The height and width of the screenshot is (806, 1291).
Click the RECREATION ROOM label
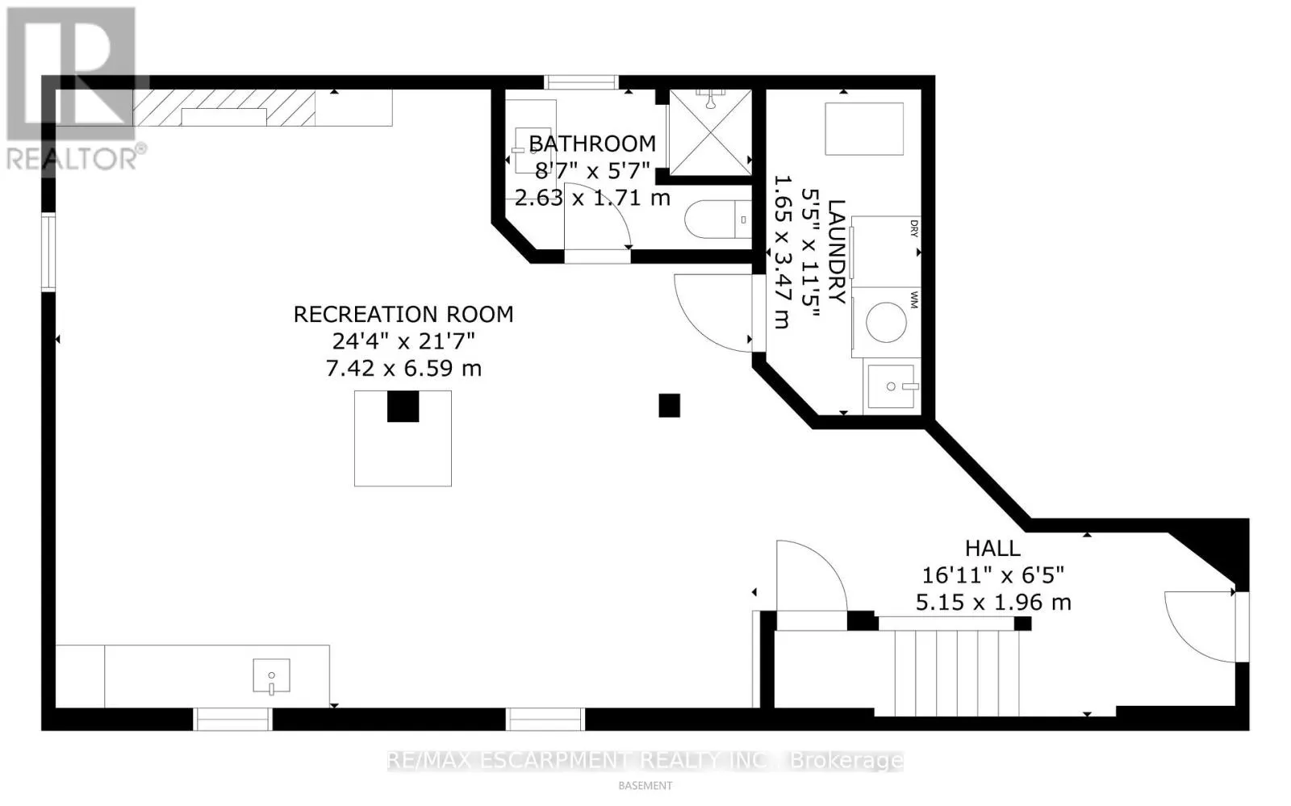pyautogui.click(x=403, y=314)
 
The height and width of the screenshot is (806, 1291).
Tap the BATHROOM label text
pyautogui.click(x=591, y=144)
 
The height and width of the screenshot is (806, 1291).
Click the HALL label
pyautogui.click(x=992, y=548)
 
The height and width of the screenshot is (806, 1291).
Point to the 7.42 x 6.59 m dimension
pyautogui.click(x=403, y=369)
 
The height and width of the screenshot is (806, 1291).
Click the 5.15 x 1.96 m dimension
pyautogui.click(x=992, y=603)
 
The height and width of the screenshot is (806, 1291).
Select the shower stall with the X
pyautogui.click(x=710, y=133)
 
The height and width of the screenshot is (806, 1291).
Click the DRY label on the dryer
pyautogui.click(x=913, y=228)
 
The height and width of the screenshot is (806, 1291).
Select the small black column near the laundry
pyautogui.click(x=669, y=405)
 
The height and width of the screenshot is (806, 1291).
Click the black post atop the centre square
pyautogui.click(x=403, y=406)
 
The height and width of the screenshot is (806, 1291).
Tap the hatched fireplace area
pyautogui.click(x=224, y=107)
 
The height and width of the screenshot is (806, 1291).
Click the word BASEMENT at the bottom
pyautogui.click(x=645, y=785)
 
